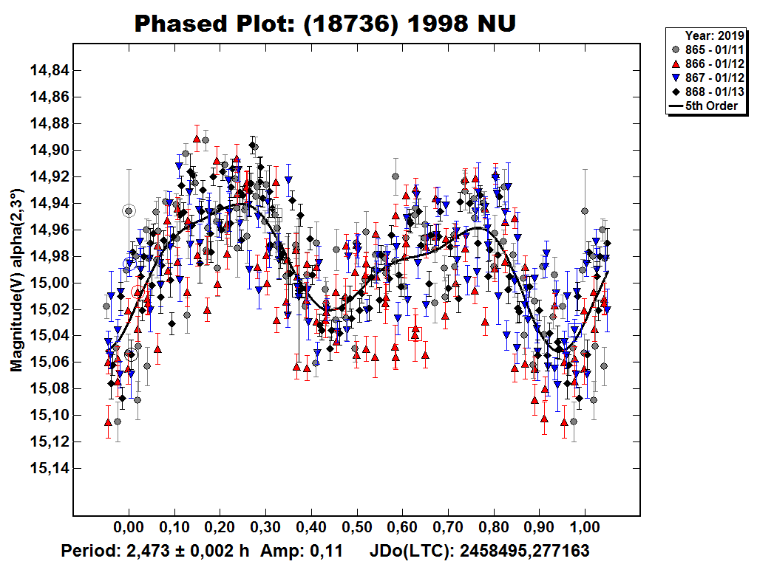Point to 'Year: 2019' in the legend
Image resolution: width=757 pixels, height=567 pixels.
coord(713,34)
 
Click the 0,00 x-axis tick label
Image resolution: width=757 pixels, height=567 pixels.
coord(129,528)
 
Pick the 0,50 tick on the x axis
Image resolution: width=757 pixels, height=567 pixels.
coord(357,528)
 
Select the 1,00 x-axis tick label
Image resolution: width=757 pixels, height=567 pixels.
coord(585,528)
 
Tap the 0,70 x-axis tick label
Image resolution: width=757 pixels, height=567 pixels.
coord(448,528)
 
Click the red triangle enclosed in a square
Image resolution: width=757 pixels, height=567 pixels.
coord(415,333)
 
